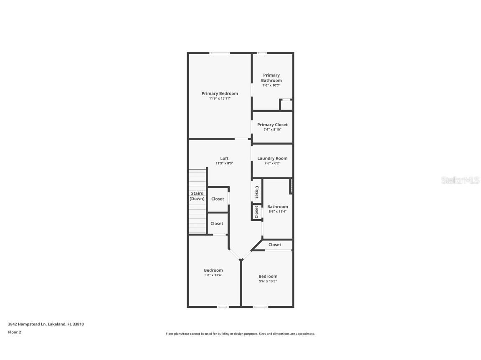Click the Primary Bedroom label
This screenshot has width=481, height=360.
[x=220, y=93]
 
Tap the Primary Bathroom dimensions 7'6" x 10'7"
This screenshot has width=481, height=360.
[x=271, y=85]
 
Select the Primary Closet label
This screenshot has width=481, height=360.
[x=272, y=125]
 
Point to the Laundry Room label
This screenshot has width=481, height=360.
[x=272, y=158]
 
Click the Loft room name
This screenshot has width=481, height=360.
[x=224, y=158]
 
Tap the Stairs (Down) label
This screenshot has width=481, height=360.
[x=197, y=196]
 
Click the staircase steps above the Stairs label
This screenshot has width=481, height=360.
[x=197, y=179]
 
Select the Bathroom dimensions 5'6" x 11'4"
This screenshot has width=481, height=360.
[x=278, y=212]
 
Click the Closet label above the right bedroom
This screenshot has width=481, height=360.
[x=275, y=245]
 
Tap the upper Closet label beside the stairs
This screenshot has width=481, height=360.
[x=218, y=199]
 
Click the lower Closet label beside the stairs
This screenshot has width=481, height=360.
[x=217, y=224]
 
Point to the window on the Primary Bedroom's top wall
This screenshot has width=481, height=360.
[x=220, y=53]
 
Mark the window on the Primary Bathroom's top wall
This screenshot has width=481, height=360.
[x=262, y=53]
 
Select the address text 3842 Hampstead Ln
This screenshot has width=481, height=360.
[x=27, y=324]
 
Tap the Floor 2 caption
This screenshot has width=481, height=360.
[x=14, y=332]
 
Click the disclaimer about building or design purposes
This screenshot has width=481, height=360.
[x=240, y=334]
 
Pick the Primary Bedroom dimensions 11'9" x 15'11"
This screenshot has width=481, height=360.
[x=220, y=98]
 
